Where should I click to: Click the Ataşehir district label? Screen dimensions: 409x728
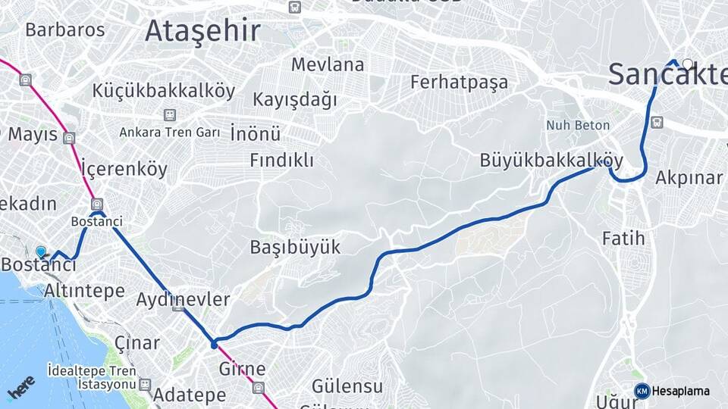click(202, 31)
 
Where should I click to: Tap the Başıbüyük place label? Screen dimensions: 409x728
click(295, 248)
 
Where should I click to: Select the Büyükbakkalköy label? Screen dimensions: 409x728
click(551, 161)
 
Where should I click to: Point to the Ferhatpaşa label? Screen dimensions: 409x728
click(459, 82)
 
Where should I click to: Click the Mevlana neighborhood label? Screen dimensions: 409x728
click(328, 64)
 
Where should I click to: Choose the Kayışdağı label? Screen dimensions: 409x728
click(295, 100)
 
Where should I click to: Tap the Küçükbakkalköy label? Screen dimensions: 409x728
click(164, 92)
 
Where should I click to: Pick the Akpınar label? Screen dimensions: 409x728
click(689, 178)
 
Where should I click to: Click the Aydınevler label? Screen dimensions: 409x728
click(183, 300)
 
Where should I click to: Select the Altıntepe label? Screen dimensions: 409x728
click(84, 291)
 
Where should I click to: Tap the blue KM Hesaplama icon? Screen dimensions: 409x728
click(642, 391)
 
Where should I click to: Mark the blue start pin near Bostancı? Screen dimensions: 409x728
click(41, 251)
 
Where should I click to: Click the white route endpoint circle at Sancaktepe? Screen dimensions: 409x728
click(687, 64)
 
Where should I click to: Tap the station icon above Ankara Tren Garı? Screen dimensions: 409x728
click(169, 115)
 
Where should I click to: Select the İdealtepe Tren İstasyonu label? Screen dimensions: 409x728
click(92, 377)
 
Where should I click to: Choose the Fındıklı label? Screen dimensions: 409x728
click(281, 161)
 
